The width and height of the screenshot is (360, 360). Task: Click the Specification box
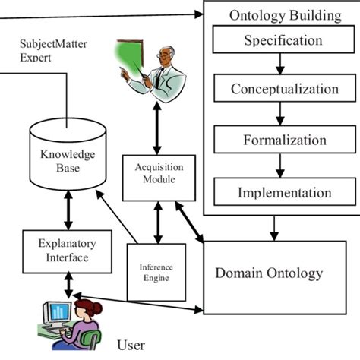point(283,39)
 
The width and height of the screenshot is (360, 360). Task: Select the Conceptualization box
point(285,88)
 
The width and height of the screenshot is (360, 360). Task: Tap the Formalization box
point(285,140)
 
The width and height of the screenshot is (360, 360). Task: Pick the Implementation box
point(285,191)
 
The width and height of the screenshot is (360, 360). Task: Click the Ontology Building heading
point(286,16)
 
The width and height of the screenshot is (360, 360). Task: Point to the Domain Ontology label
point(269,273)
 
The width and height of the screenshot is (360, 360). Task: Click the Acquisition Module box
point(159,178)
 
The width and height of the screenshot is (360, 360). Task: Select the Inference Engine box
point(156,272)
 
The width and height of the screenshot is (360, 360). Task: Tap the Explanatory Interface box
point(67,251)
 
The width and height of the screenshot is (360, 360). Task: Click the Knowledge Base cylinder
point(68,154)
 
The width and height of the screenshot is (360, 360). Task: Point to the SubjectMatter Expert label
point(53,50)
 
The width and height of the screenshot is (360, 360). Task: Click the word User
point(131,345)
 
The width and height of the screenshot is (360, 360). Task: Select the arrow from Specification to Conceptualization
point(280,64)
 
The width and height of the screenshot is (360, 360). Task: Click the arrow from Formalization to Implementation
point(280,166)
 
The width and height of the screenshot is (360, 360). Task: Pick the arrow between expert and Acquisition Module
point(157,128)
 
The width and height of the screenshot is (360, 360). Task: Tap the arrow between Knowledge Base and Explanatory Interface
point(68,210)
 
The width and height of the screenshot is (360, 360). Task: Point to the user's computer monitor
point(58,312)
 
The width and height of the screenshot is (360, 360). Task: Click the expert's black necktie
point(159,77)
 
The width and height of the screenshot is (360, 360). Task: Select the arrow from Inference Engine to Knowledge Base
point(117,216)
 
